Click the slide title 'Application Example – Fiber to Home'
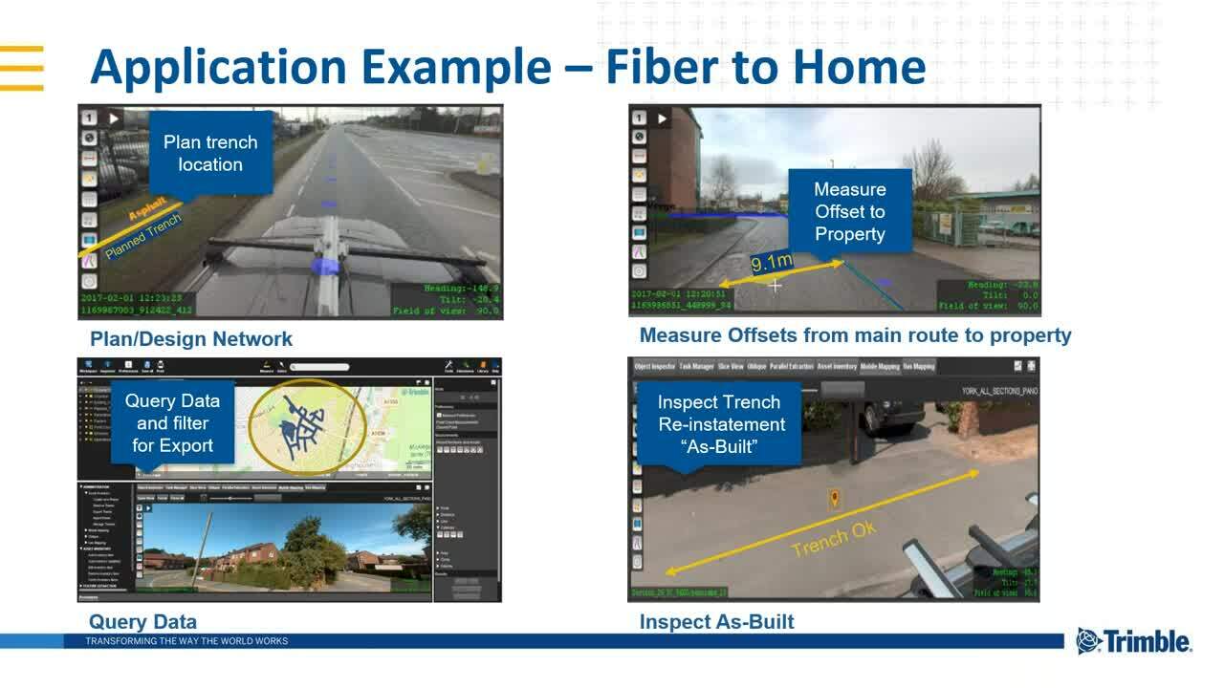[507, 68]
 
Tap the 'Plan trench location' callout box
[210, 153]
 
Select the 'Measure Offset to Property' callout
[849, 211]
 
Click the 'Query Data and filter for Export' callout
[172, 423]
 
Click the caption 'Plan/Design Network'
[191, 339]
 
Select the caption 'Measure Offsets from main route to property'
[855, 335]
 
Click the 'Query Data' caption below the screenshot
[142, 622]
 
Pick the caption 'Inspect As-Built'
[716, 622]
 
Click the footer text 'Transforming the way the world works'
[186, 641]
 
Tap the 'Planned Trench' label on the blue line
[142, 236]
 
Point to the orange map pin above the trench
[834, 499]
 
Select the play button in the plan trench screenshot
[114, 118]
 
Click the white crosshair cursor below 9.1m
[776, 285]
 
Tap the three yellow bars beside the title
[22, 68]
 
